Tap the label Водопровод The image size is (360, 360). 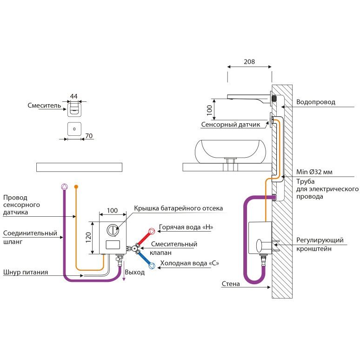315,102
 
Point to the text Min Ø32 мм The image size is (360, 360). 314,172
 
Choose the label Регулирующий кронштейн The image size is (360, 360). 320,245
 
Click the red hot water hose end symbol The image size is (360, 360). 152,231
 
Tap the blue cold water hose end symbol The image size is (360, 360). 152,266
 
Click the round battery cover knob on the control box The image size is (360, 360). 113,229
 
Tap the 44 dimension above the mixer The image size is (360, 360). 73,96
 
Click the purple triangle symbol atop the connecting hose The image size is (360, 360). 64,187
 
